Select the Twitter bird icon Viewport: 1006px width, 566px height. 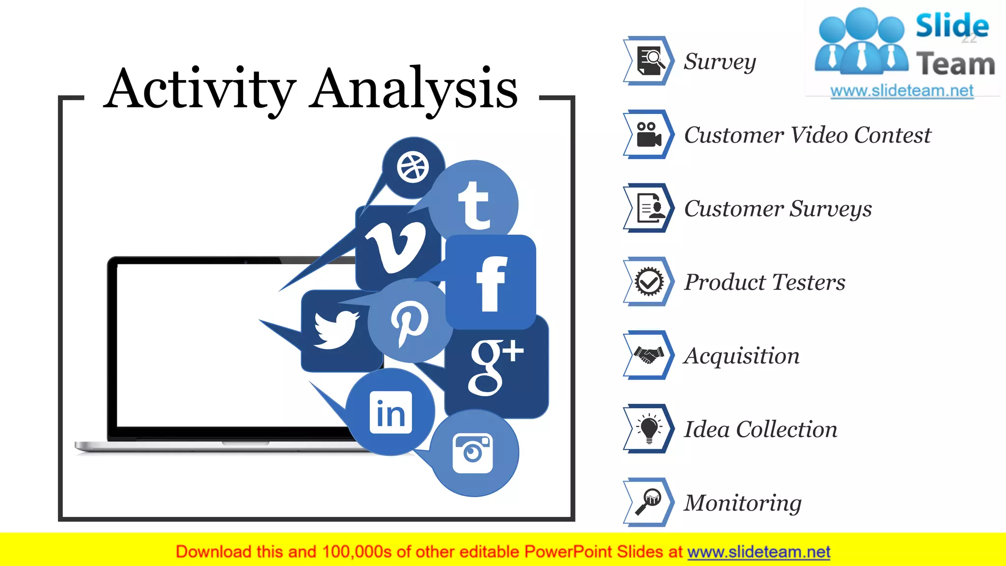pos(336,329)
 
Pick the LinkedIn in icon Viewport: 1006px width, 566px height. pos(391,413)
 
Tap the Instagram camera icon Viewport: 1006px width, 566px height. pos(473,453)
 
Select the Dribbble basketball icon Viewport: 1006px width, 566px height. pos(413,168)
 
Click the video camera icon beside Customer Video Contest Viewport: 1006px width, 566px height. pos(648,134)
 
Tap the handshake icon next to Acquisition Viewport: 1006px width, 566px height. pos(648,355)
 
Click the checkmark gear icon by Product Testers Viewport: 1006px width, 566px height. pos(648,282)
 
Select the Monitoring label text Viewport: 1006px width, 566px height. pos(743,503)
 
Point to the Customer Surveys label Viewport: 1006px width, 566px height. pos(778,209)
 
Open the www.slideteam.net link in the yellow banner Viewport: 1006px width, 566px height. pos(758,552)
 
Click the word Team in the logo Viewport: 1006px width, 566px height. pos(955,64)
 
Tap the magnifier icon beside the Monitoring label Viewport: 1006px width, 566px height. pos(648,502)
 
